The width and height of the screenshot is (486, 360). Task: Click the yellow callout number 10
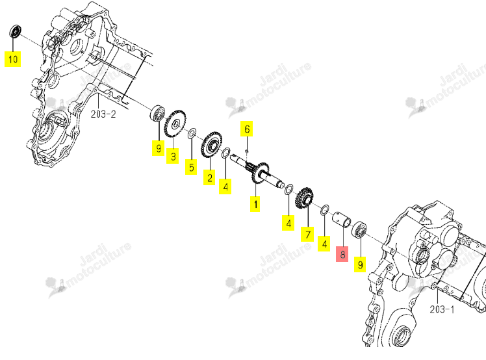[13, 59]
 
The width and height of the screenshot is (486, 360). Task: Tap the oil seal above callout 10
[15, 31]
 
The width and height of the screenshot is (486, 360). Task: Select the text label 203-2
[103, 114]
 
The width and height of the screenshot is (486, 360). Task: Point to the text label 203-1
[442, 309]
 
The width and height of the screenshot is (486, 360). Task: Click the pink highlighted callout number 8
[342, 254]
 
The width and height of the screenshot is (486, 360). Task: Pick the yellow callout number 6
[247, 129]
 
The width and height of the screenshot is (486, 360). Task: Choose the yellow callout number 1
[255, 204]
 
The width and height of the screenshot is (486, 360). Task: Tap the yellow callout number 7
[307, 234]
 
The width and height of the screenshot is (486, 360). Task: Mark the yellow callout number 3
[173, 156]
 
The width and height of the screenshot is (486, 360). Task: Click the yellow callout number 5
[191, 167]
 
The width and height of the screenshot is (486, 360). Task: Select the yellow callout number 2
[209, 177]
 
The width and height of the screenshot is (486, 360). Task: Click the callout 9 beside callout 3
[158, 148]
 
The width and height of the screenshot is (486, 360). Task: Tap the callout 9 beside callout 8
[360, 264]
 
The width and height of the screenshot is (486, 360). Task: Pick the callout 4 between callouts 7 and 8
[324, 244]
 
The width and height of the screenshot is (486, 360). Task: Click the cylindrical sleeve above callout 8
[342, 218]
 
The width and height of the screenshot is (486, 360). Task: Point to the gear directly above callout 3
[175, 123]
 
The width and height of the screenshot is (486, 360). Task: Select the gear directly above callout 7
[304, 198]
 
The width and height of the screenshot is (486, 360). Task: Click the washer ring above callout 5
[192, 134]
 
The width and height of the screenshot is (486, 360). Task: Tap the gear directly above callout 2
[212, 145]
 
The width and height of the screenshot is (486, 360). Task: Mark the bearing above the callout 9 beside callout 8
[359, 230]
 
